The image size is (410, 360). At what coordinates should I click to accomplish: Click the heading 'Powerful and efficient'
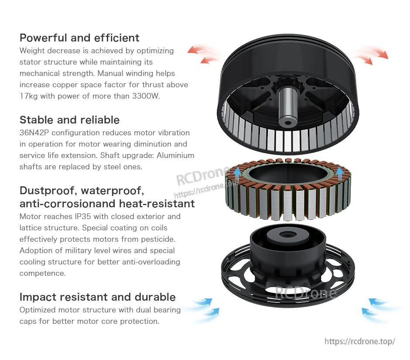tap(79, 38)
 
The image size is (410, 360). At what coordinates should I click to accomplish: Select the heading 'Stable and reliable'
tap(69, 120)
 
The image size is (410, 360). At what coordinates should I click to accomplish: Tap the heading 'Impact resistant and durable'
tap(97, 297)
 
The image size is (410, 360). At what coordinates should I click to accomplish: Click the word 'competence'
tap(42, 273)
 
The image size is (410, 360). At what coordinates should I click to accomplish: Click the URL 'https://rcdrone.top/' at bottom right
tap(359, 341)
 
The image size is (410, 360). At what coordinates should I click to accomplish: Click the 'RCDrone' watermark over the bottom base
tap(305, 291)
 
